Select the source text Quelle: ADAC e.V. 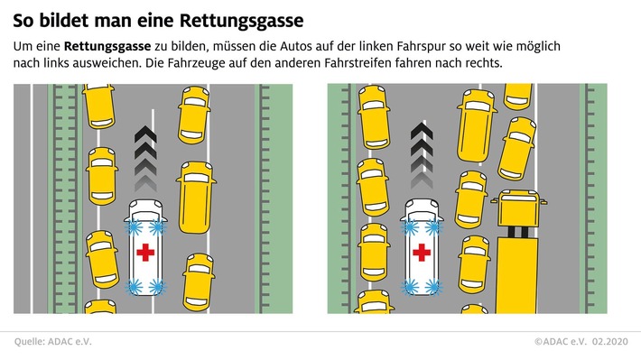pyautogui.click(x=53, y=341)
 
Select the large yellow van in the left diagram pyautogui.click(x=196, y=194)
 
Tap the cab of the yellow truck pyautogui.click(x=516, y=212)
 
